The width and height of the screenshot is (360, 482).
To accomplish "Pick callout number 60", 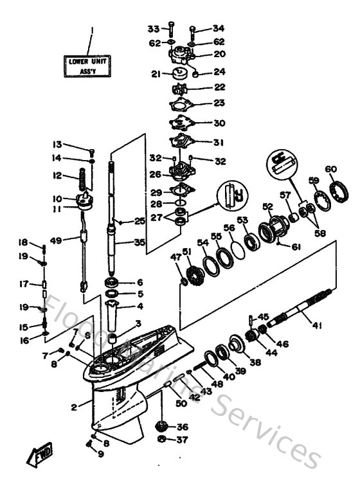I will point(330,169).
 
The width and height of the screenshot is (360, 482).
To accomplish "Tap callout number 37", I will point(183,440).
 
